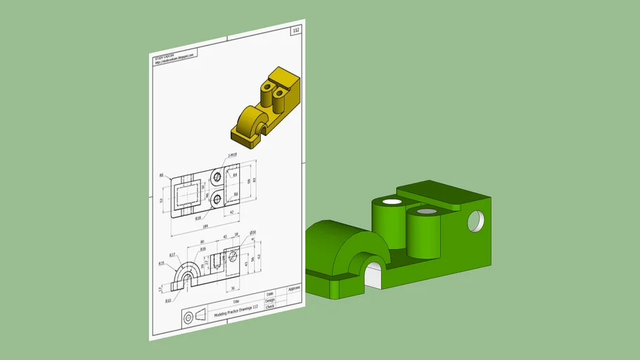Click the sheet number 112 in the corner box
(295, 30)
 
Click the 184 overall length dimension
(205, 226)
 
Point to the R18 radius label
(199, 219)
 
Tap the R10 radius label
(168, 300)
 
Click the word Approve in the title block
(294, 288)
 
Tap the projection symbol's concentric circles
(188, 318)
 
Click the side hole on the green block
(476, 220)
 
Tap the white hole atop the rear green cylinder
(392, 202)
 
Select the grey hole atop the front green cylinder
(425, 212)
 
